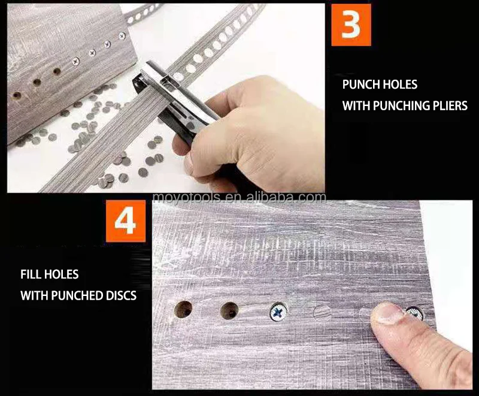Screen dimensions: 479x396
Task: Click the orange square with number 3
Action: click(x=351, y=25)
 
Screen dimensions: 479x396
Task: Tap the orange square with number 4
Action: click(x=126, y=221)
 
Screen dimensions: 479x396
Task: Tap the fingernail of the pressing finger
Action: click(x=387, y=313)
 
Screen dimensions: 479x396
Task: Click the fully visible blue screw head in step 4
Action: click(x=278, y=312)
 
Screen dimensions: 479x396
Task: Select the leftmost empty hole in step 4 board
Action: click(x=183, y=310)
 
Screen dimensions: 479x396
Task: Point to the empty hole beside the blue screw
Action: click(x=229, y=311)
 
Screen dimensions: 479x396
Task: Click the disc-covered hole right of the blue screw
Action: click(x=322, y=313)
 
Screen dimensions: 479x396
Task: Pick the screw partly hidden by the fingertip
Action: click(x=415, y=313)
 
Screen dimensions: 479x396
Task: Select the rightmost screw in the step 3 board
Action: click(x=122, y=37)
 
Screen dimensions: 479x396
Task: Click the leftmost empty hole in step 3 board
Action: click(x=17, y=96)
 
